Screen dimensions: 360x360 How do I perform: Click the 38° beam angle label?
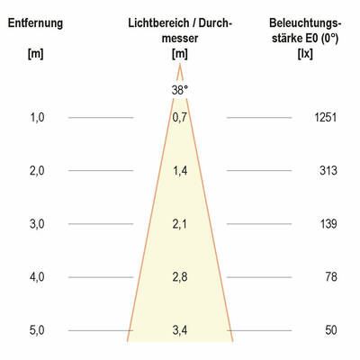180,90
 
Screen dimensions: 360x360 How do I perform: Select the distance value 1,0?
37,117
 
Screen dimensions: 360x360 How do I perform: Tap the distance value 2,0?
37,170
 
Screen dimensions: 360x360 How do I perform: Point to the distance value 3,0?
37,223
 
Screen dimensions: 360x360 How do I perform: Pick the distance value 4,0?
37,276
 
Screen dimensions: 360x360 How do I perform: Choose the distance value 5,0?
37,330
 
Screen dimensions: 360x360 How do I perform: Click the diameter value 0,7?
180,117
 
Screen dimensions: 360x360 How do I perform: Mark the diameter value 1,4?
180,170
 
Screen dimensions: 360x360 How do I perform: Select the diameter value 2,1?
180,223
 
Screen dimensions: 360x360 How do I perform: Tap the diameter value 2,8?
180,276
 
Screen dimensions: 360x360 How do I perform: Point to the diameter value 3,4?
180,330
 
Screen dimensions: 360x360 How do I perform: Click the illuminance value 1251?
325,117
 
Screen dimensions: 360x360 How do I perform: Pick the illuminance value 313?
328,170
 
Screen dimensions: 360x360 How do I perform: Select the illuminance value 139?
328,223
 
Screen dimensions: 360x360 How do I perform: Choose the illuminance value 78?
330,276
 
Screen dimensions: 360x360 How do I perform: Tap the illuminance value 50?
330,330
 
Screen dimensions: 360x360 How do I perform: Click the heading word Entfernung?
36,22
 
